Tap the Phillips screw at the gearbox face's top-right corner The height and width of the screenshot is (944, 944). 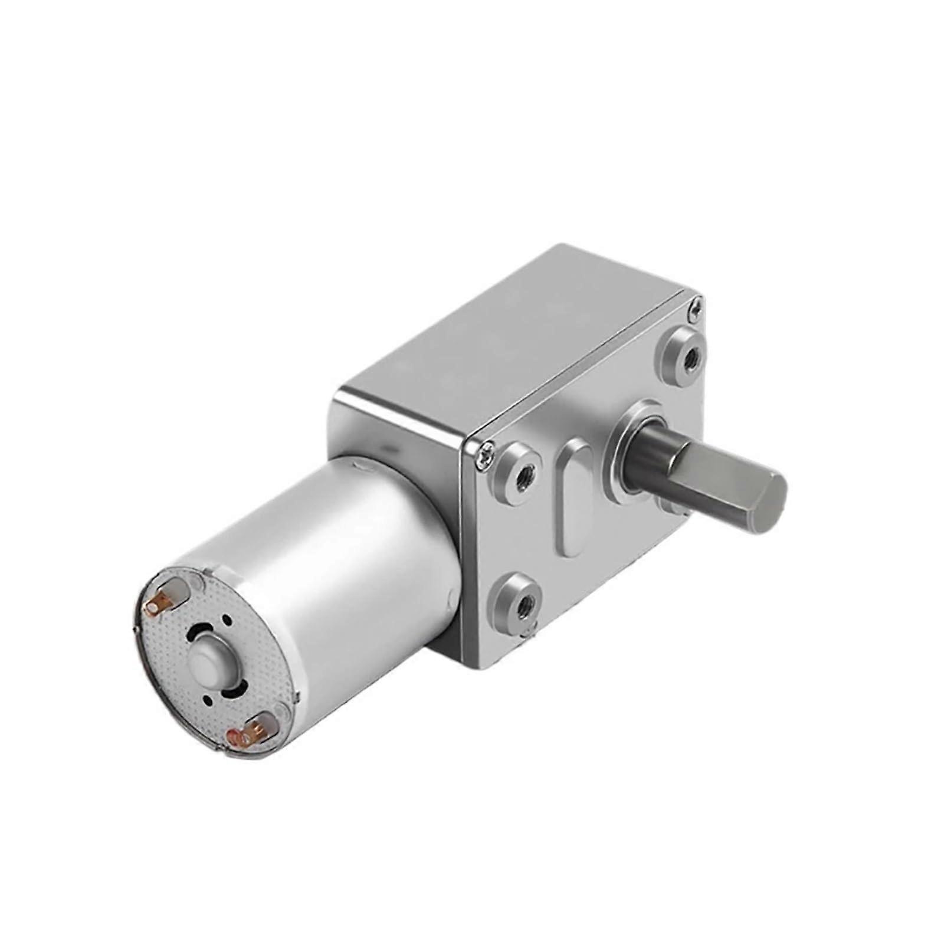[696, 306]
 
